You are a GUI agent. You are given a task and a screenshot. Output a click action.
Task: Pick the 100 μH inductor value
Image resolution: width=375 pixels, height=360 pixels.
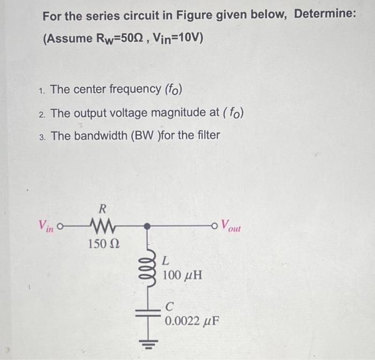click(182, 276)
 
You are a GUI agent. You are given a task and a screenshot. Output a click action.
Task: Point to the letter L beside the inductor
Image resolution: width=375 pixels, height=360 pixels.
click(166, 261)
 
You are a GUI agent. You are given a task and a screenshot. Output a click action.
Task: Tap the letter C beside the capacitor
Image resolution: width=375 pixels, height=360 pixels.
click(170, 307)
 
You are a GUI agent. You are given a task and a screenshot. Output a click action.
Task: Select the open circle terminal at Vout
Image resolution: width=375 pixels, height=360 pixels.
click(216, 226)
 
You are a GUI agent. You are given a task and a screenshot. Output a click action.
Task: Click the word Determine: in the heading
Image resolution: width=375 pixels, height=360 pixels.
click(324, 14)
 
